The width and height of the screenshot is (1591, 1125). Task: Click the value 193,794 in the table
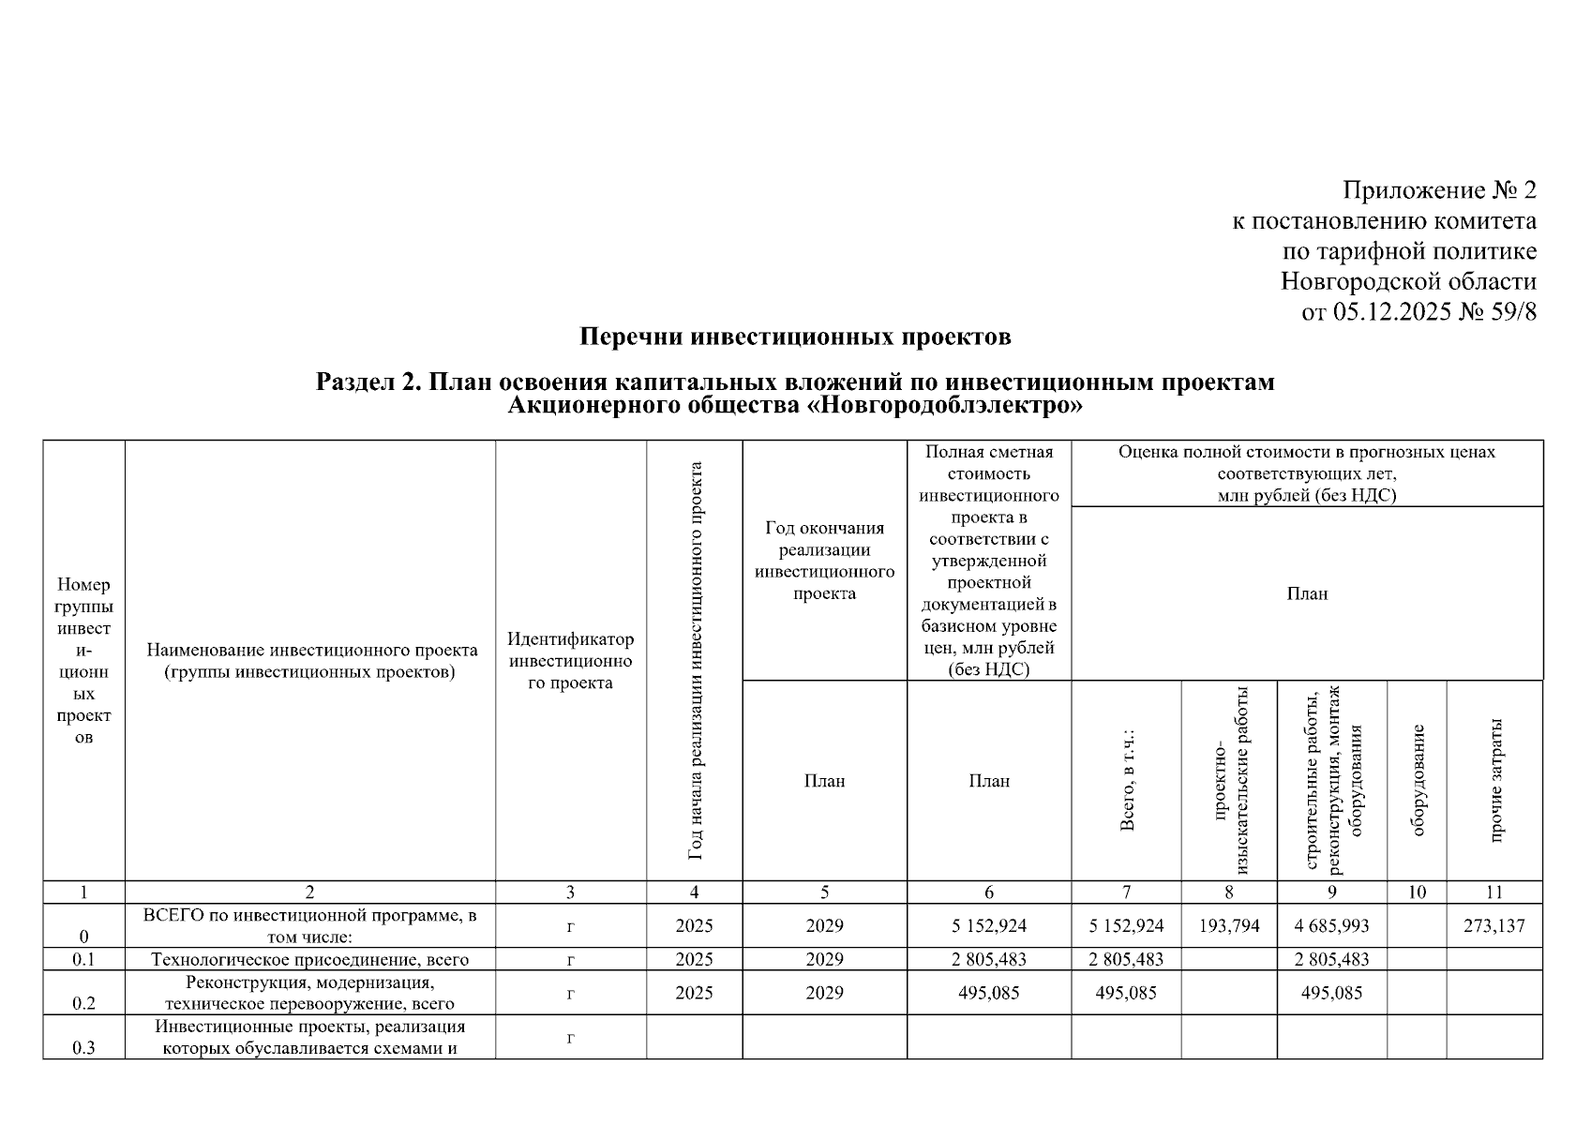pyautogui.click(x=1229, y=926)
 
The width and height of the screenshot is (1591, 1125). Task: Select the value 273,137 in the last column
pyautogui.click(x=1494, y=926)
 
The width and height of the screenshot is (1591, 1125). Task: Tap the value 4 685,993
pyautogui.click(x=1331, y=926)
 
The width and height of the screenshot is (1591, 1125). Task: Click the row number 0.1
pyautogui.click(x=83, y=959)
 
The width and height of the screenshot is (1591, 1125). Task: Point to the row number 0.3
pyautogui.click(x=83, y=1048)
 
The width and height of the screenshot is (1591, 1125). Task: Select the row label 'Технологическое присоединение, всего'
pyautogui.click(x=310, y=959)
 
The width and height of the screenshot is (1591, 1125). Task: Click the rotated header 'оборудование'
pyautogui.click(x=1418, y=780)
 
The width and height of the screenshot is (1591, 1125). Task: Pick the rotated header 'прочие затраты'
pyautogui.click(x=1495, y=780)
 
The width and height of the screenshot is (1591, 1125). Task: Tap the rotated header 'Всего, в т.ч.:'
pyautogui.click(x=1127, y=780)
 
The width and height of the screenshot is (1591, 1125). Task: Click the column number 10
pyautogui.click(x=1417, y=892)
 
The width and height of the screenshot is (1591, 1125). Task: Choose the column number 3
pyautogui.click(x=570, y=892)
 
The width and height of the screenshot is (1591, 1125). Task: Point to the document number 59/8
pyautogui.click(x=1511, y=311)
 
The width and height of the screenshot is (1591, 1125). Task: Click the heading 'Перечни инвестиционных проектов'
pyautogui.click(x=795, y=337)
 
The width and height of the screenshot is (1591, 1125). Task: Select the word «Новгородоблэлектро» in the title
pyautogui.click(x=944, y=406)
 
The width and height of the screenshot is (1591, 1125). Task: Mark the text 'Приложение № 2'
pyautogui.click(x=1439, y=191)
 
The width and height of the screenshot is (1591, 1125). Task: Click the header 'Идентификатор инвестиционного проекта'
pyautogui.click(x=570, y=661)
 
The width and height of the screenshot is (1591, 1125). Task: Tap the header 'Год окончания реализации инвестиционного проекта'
pyautogui.click(x=824, y=561)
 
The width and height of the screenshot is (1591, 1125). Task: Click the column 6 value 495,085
pyautogui.click(x=989, y=993)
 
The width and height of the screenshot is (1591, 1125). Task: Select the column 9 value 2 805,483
pyautogui.click(x=1331, y=959)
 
